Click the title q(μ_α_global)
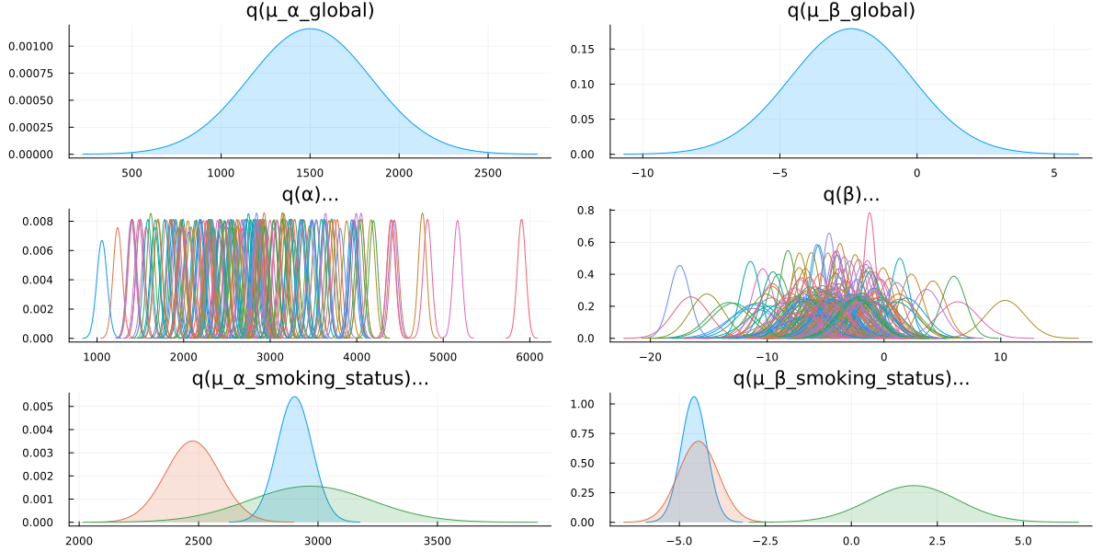pyautogui.click(x=310, y=11)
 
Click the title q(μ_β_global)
pyautogui.click(x=851, y=11)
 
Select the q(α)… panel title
pyautogui.click(x=310, y=195)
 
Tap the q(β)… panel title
pyautogui.click(x=851, y=195)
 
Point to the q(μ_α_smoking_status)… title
pyautogui.click(x=310, y=378)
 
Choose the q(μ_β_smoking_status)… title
pyautogui.click(x=851, y=378)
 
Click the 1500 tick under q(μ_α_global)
pyautogui.click(x=310, y=172)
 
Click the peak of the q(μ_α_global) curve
pyautogui.click(x=310, y=29)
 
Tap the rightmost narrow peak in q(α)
pyautogui.click(x=521, y=220)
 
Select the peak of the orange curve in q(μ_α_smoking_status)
pyautogui.click(x=192, y=442)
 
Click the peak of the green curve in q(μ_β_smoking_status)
pyautogui.click(x=914, y=486)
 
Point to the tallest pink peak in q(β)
pyautogui.click(x=870, y=213)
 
